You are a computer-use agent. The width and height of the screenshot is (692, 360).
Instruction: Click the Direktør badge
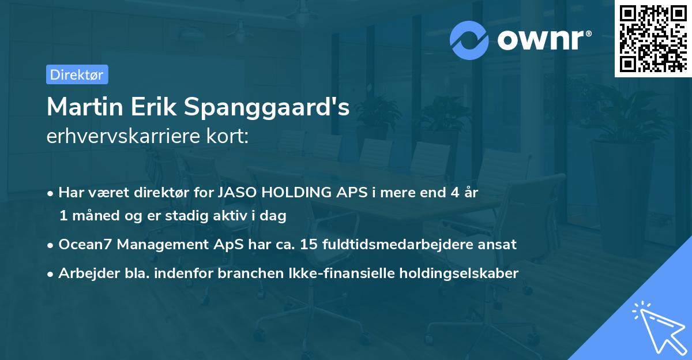[77, 74]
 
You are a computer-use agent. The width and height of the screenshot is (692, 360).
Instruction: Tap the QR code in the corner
[653, 38]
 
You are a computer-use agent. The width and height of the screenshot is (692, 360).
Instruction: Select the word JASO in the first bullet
[238, 193]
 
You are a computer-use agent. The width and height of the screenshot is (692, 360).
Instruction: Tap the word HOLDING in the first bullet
[297, 193]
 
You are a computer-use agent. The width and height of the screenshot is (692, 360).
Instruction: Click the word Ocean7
[85, 244]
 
